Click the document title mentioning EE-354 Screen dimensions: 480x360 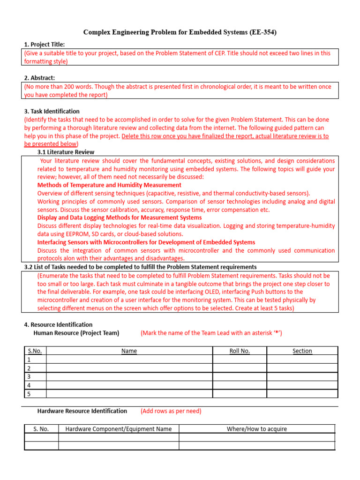click(180, 32)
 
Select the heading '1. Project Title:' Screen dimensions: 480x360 click(45, 45)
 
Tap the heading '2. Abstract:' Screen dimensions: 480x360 click(39, 78)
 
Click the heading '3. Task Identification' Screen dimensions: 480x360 click(52, 112)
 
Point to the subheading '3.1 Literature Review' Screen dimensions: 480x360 click(66, 152)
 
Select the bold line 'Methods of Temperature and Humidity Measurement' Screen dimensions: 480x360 click(109, 185)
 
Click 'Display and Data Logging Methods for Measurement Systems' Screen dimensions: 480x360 click(120, 217)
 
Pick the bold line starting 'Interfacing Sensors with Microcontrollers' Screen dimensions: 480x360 click(146, 242)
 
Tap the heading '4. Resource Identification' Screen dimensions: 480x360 click(58, 324)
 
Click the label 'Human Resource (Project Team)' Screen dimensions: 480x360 click(76, 333)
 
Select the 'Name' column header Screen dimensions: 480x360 click(129, 351)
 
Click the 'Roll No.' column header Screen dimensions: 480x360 click(240, 351)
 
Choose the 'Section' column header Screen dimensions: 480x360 click(302, 351)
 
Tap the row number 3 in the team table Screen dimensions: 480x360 click(29, 376)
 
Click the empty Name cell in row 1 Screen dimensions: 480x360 click(129, 359)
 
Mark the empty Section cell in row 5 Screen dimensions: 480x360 click(302, 393)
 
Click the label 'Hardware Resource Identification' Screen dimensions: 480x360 click(82, 411)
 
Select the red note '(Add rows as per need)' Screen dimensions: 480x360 click(171, 411)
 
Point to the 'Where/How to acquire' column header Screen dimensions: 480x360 click(256, 428)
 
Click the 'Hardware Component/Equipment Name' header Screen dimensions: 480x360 click(119, 428)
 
